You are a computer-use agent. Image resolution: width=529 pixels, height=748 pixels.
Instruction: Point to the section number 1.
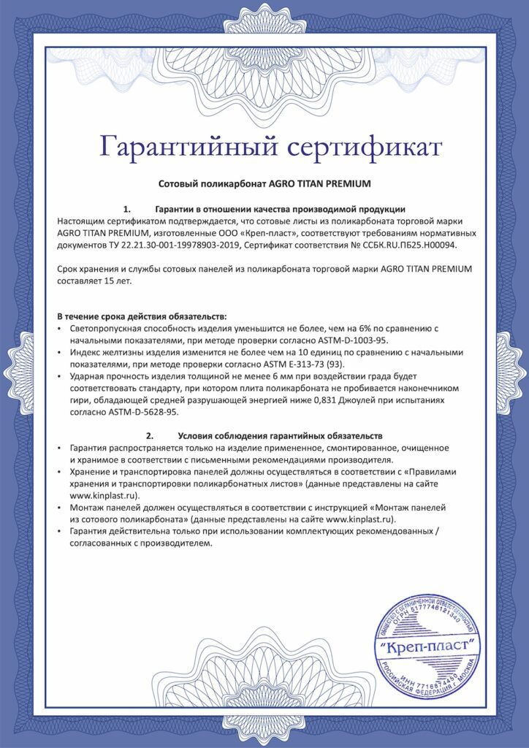[x=126, y=209]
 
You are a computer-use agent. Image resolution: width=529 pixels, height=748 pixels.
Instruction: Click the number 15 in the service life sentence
[x=104, y=280]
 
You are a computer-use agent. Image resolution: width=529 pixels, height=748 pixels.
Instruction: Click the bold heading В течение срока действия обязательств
[x=142, y=316]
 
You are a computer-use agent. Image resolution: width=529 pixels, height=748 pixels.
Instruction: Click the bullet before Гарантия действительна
[x=60, y=531]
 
